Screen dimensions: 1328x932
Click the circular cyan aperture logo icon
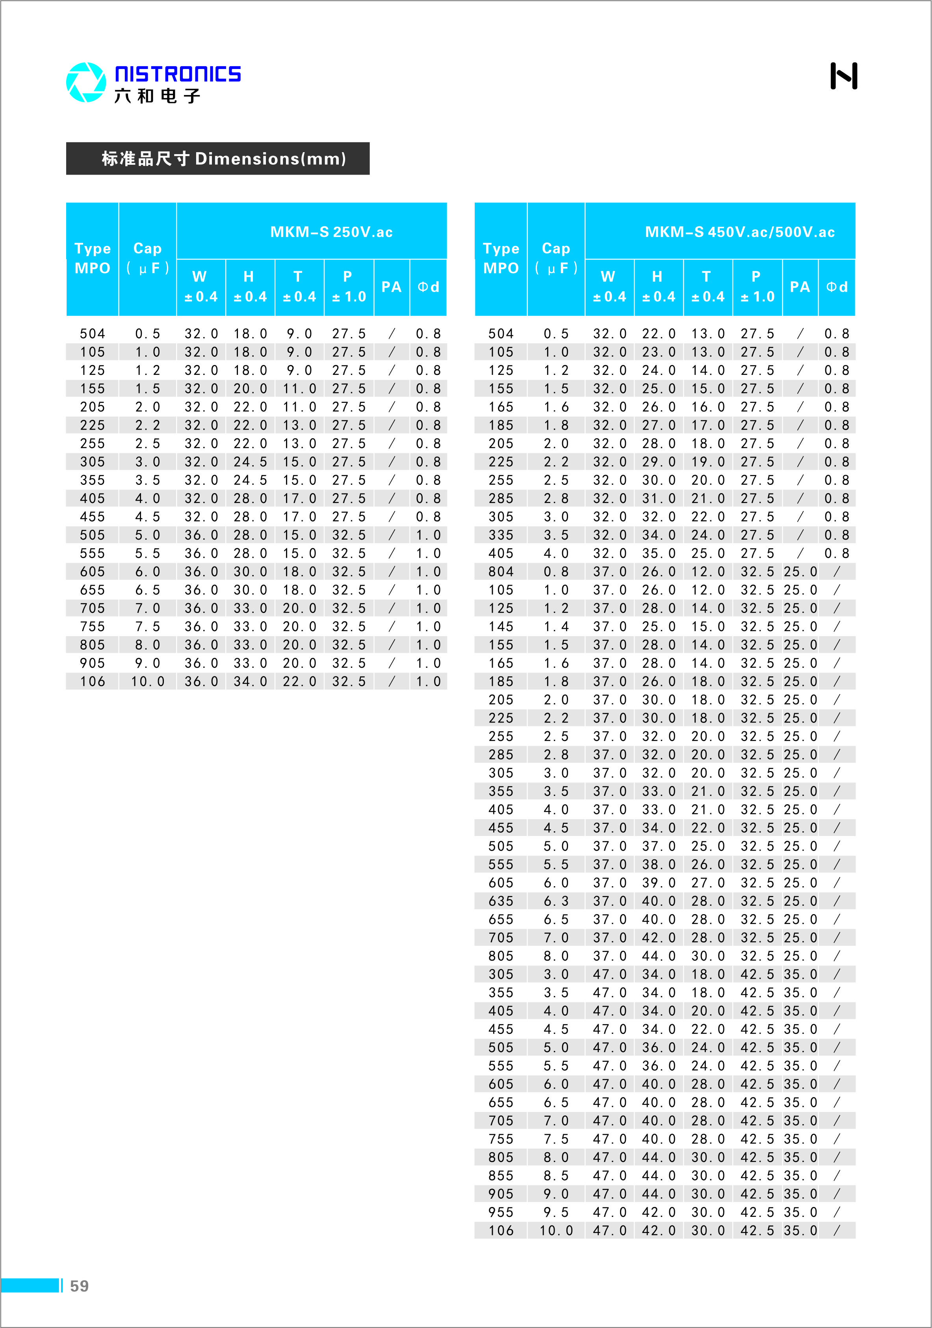[x=86, y=82]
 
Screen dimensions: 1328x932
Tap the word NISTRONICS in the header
[x=178, y=74]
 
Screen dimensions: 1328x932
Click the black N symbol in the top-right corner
[x=843, y=76]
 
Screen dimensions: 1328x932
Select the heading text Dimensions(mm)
[x=270, y=158]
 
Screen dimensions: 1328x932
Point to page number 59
[x=79, y=1286]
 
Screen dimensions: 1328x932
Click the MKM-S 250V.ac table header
[x=331, y=232]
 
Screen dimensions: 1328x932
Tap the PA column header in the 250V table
[x=392, y=287]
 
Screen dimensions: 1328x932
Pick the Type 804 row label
[x=501, y=572]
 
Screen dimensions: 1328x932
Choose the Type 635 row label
[x=501, y=901]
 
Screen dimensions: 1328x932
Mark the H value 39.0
[x=659, y=883]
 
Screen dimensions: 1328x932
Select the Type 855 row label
[x=501, y=1176]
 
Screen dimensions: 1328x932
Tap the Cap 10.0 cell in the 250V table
[x=147, y=682]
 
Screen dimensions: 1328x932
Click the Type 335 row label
[x=501, y=535]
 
